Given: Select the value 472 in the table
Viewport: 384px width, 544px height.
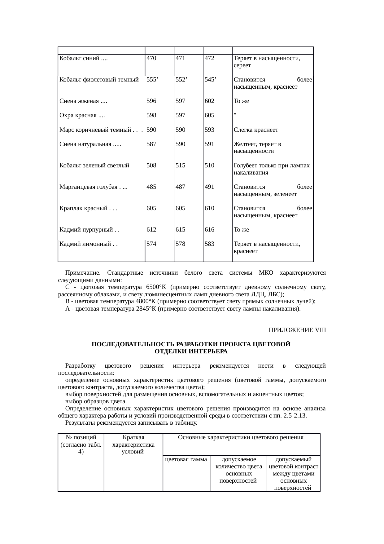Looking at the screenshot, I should click(209, 58).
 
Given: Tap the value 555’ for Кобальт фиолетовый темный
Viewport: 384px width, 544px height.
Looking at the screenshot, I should click(152, 80).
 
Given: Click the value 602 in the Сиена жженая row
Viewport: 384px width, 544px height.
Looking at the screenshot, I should click(209, 101).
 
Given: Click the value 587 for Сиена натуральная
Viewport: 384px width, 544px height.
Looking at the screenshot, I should click(151, 144).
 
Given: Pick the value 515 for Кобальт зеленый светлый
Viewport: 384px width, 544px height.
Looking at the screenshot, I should click(180, 166).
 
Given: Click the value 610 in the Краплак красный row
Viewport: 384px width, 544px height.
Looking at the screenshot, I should click(209, 208).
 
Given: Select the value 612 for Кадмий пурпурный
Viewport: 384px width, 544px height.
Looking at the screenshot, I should click(151, 230).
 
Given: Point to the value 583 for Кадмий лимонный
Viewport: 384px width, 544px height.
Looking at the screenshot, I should click(209, 244).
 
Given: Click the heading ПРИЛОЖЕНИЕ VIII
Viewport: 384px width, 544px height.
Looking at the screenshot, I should click(297, 330).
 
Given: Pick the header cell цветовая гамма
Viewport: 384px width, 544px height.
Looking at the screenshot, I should click(186, 459).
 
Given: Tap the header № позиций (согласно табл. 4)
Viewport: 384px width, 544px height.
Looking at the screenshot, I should click(81, 444).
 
